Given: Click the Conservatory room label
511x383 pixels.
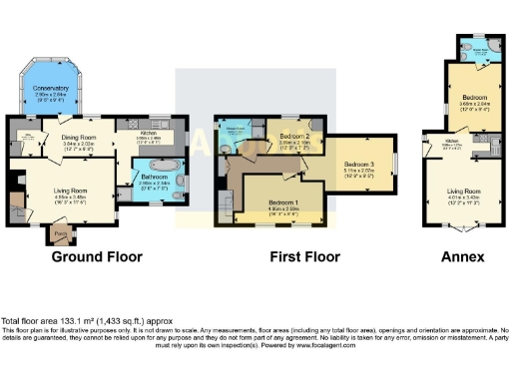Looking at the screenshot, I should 51,88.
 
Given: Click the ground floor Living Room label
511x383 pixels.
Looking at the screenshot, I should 72,191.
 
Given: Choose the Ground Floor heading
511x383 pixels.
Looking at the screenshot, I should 97,257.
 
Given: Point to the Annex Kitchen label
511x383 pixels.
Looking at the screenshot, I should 438,142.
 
